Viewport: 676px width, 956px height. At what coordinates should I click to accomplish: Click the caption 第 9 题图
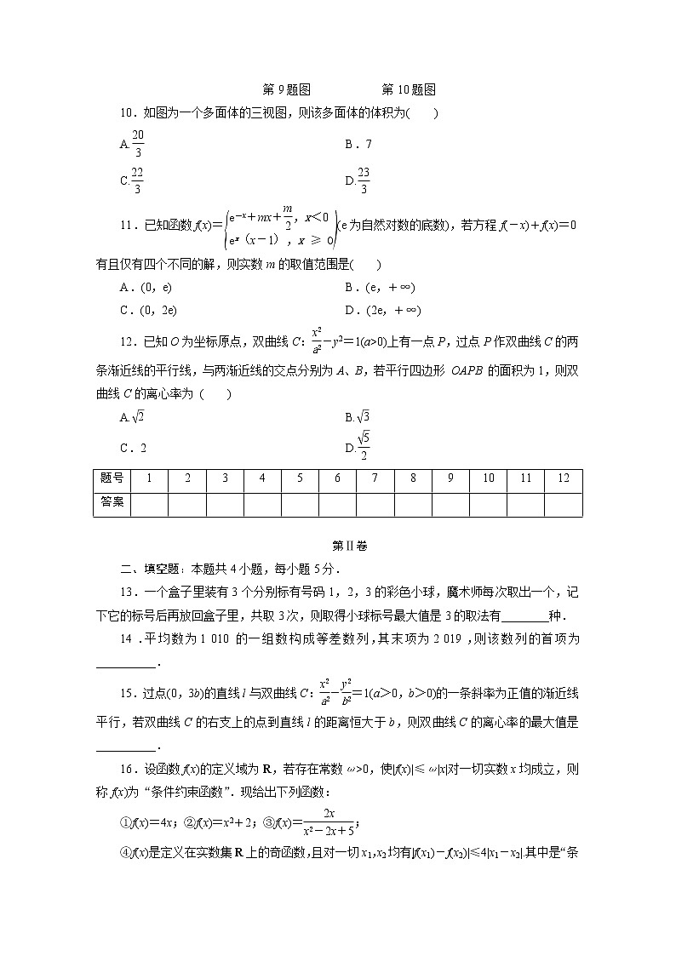[285, 89]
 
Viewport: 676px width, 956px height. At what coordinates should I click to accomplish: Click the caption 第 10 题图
[409, 89]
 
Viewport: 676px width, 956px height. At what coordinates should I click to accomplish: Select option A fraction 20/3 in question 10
[132, 144]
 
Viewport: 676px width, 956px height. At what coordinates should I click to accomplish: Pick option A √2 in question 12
[132, 417]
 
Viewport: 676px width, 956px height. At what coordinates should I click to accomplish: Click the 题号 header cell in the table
[112, 479]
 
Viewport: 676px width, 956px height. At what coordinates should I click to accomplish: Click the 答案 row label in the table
[112, 502]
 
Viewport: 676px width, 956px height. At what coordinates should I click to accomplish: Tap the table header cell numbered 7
[375, 479]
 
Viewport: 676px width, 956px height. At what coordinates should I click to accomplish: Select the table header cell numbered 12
[563, 479]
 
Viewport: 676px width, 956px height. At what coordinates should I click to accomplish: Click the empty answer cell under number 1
[149, 503]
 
